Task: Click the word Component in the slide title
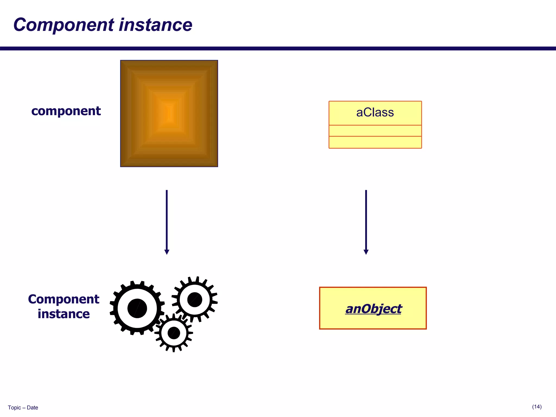(x=64, y=25)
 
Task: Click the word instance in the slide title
(x=156, y=25)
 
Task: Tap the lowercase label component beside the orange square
(x=66, y=111)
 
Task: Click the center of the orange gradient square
(x=169, y=113)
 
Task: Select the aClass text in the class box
(x=375, y=112)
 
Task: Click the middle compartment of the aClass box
(x=375, y=131)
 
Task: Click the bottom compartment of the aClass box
(x=375, y=142)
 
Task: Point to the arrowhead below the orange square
(x=167, y=252)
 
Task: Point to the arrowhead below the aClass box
(x=366, y=252)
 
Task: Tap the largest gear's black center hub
(x=137, y=308)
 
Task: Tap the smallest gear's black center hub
(x=174, y=333)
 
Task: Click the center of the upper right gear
(x=195, y=299)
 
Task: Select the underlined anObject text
(x=373, y=309)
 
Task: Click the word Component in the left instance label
(x=64, y=299)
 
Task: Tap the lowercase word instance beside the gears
(x=64, y=314)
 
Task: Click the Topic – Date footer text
(x=23, y=407)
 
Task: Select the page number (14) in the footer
(x=537, y=407)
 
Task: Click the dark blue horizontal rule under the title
(x=278, y=49)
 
